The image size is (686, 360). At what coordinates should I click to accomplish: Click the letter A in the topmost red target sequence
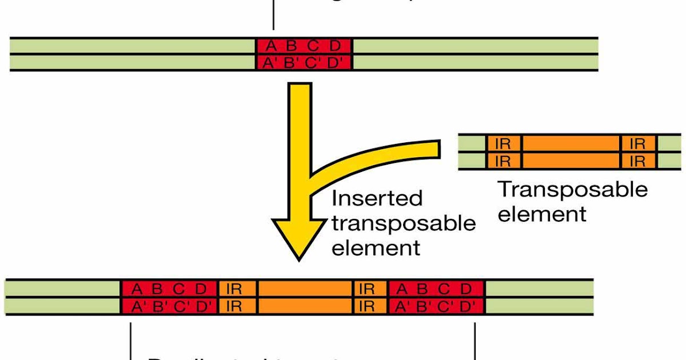(270, 46)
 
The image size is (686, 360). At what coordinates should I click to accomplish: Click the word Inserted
(377, 198)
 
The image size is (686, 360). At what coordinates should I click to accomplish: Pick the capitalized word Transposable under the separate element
(573, 189)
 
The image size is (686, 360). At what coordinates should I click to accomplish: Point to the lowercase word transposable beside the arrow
(404, 223)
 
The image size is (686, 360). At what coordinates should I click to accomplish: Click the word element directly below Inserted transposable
(376, 248)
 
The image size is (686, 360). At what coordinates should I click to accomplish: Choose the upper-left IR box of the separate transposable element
(502, 144)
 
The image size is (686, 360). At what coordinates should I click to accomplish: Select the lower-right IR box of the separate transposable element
(637, 161)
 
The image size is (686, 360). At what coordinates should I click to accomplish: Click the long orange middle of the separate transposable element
(571, 152)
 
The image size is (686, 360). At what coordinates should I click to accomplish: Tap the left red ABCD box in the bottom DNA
(169, 289)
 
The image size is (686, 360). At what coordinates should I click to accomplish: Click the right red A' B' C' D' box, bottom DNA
(436, 306)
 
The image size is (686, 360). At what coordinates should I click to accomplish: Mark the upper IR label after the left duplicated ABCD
(233, 289)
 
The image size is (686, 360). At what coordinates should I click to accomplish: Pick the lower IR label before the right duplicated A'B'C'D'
(366, 306)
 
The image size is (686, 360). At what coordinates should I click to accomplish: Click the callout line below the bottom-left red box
(131, 340)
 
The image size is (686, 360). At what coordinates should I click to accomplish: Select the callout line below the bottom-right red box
(475, 340)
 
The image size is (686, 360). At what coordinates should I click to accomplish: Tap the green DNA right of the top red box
(474, 54)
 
